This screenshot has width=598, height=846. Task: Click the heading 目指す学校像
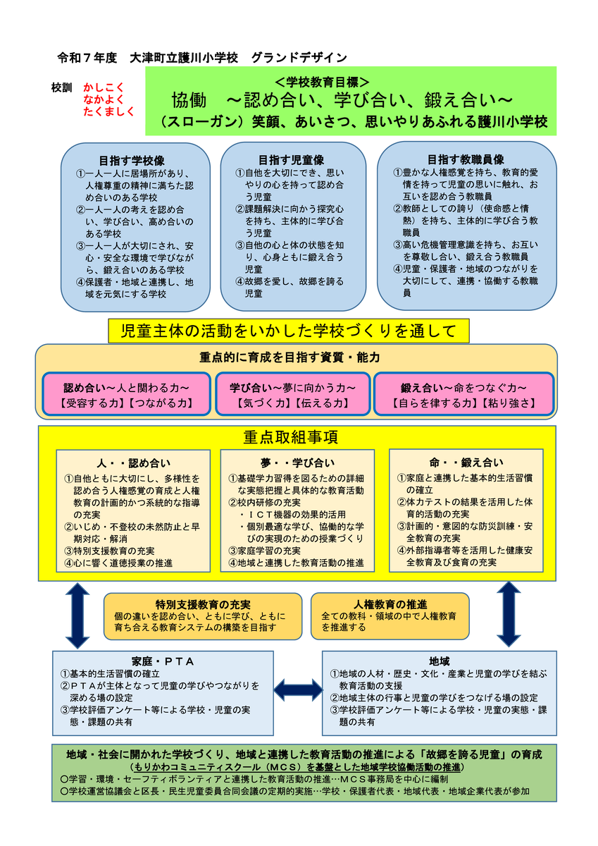pos(135,159)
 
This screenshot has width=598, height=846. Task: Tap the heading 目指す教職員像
pos(466,159)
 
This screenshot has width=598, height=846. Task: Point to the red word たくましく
pos(109,111)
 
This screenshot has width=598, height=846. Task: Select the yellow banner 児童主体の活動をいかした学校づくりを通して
pos(289,331)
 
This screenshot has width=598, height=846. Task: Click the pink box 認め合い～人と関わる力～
pos(127,395)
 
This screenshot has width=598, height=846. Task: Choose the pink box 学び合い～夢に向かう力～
pos(292,395)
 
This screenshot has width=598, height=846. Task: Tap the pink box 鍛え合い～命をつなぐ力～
pos(464,395)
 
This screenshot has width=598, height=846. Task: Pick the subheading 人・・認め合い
pos(133,463)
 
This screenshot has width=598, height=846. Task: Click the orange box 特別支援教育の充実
pos(204,615)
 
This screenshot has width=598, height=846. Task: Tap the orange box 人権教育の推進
pos(390,615)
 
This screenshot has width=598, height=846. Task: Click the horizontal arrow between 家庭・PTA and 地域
pos(297,689)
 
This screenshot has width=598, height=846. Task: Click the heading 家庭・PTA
pos(163,661)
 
